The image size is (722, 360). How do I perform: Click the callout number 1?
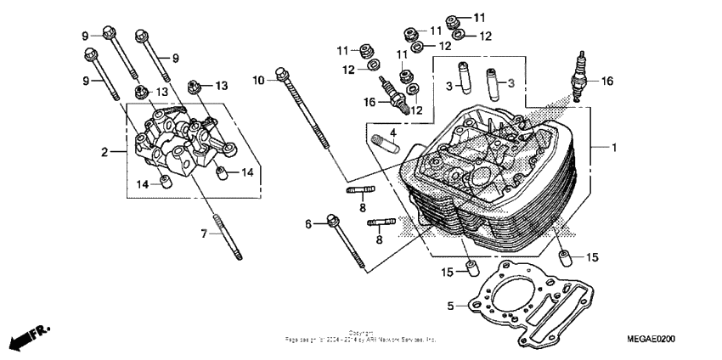click(613, 148)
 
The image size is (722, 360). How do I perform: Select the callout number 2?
click(104, 153)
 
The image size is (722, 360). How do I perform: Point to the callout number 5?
click(451, 304)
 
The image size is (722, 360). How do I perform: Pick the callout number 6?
click(309, 223)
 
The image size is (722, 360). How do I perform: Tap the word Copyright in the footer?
click(360, 333)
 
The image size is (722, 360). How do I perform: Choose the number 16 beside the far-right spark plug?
click(606, 82)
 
